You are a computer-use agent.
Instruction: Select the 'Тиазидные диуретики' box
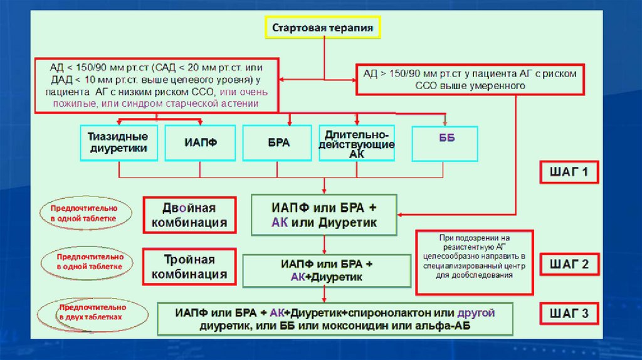click(x=118, y=142)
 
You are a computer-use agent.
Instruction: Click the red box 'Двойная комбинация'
click(x=189, y=215)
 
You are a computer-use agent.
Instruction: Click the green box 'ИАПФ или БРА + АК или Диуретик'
click(x=324, y=215)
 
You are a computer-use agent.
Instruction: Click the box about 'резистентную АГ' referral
click(x=475, y=262)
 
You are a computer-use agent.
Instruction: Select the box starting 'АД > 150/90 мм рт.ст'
click(x=470, y=79)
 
